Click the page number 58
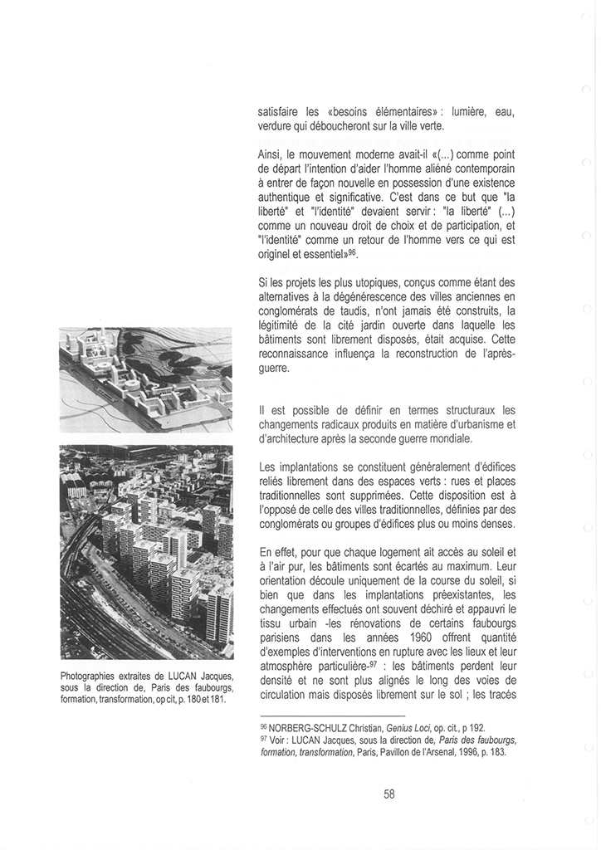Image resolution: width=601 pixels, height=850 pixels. click(x=389, y=794)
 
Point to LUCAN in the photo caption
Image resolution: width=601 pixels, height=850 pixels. click(x=179, y=675)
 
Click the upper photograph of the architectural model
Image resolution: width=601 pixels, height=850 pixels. click(x=147, y=379)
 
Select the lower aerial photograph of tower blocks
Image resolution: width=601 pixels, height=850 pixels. click(x=147, y=552)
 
